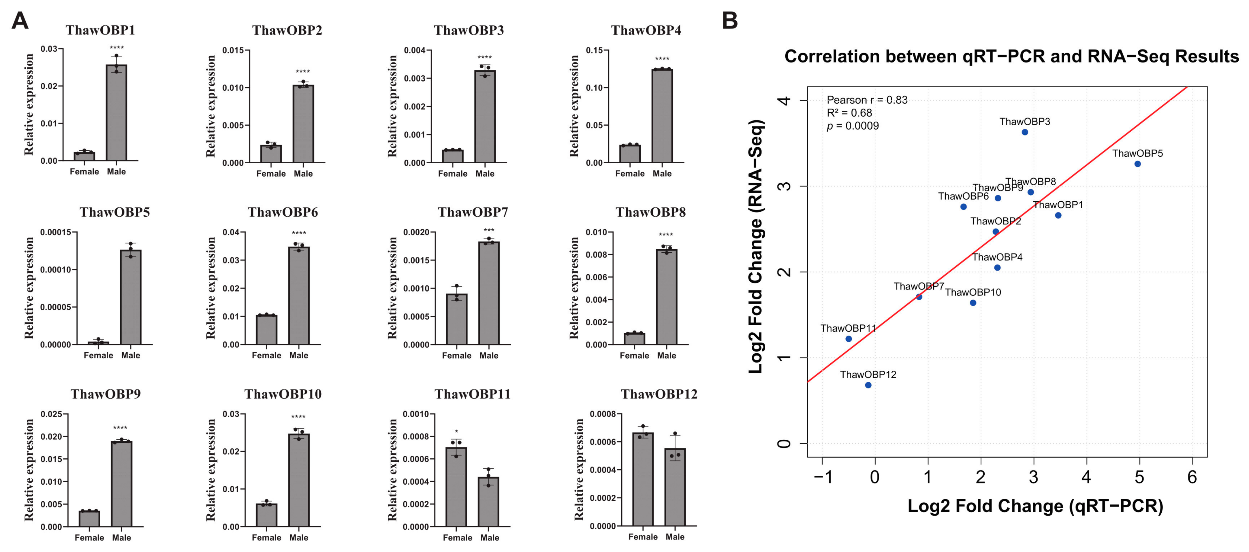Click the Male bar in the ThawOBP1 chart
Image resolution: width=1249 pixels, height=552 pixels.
click(x=116, y=112)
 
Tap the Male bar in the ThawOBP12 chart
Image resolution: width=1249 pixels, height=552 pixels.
click(x=675, y=487)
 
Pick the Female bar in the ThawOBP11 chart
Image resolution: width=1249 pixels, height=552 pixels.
click(x=456, y=487)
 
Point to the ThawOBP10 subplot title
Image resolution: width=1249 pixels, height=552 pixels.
click(x=283, y=394)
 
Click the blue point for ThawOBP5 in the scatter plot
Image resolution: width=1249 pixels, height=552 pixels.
click(x=1137, y=164)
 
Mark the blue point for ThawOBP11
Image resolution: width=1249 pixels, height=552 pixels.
click(x=849, y=339)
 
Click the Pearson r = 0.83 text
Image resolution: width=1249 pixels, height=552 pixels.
click(x=867, y=100)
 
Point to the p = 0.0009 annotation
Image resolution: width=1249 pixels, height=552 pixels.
click(x=853, y=126)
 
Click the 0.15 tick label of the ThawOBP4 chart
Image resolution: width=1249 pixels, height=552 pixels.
click(x=595, y=50)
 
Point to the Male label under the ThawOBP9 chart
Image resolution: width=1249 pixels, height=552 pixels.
click(x=121, y=538)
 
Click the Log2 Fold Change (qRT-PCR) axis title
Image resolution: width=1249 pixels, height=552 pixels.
click(x=1035, y=506)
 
